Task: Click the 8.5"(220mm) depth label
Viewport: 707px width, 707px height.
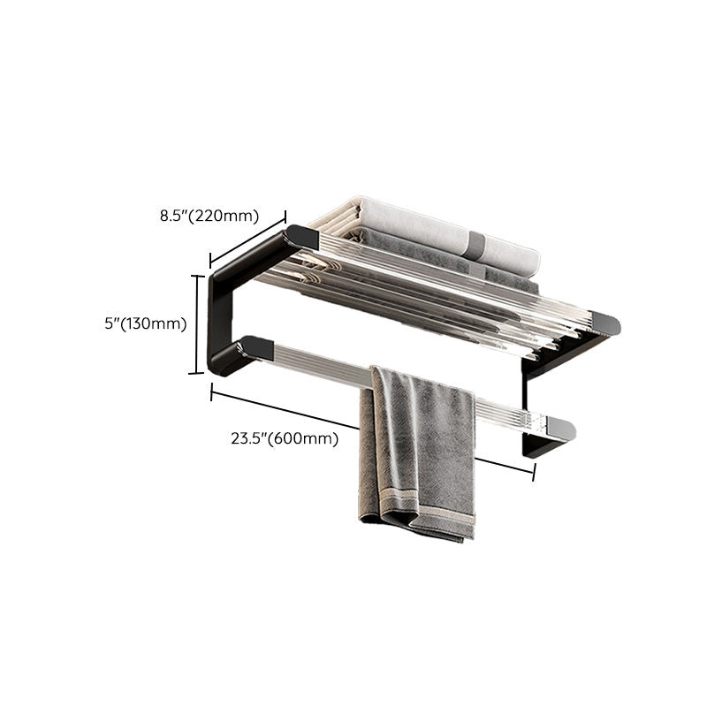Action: click(x=209, y=214)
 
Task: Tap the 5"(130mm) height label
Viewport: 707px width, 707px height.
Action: click(x=145, y=323)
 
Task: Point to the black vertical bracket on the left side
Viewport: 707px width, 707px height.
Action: click(x=221, y=309)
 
